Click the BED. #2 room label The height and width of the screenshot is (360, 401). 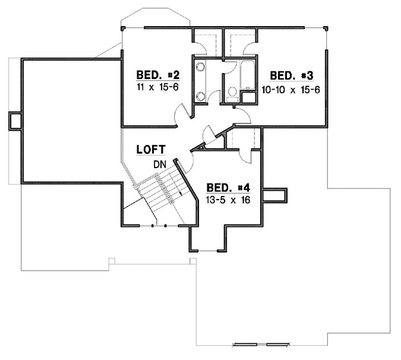point(157,75)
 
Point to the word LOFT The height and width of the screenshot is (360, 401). point(151,150)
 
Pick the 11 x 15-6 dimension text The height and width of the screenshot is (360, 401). point(157,87)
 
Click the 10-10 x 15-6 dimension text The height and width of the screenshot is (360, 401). point(291,87)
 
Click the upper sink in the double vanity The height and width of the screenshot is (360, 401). point(200,67)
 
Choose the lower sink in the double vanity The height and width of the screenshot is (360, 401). point(200,96)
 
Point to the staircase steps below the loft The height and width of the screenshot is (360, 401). point(157,190)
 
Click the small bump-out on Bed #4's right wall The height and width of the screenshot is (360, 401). point(274,195)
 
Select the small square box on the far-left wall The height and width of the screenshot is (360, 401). point(14,120)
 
